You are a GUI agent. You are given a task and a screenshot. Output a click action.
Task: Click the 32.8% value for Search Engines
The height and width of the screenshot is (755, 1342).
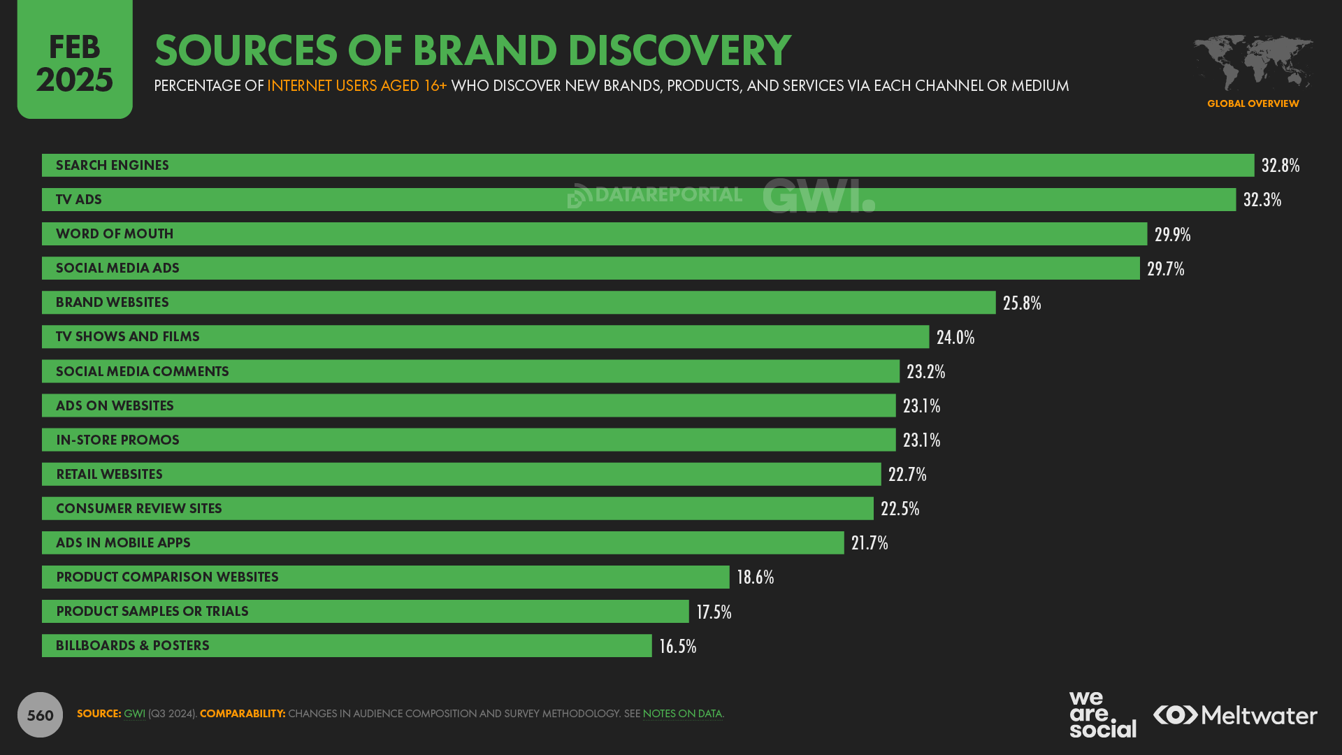click(1280, 166)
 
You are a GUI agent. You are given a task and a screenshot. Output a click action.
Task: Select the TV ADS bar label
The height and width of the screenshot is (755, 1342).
click(79, 200)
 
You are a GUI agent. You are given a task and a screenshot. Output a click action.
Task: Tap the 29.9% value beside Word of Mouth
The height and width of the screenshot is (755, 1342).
click(1172, 234)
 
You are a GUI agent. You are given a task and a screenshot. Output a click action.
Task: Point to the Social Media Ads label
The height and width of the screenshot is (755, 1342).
click(117, 268)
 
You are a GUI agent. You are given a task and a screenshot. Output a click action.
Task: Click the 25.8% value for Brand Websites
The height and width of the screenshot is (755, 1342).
click(1021, 303)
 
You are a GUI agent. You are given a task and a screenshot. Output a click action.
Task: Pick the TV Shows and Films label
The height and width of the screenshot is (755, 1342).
click(127, 337)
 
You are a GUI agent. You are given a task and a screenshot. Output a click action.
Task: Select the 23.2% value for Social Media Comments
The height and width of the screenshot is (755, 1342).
click(925, 371)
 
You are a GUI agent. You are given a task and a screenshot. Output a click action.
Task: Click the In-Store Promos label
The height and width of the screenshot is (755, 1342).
click(117, 440)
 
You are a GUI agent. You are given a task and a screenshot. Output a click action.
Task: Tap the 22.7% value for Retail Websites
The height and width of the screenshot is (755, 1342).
click(907, 474)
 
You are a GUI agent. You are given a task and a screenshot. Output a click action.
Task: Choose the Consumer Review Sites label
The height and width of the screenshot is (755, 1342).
click(138, 508)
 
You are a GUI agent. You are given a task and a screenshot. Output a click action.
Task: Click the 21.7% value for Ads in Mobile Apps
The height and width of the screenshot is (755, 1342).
click(869, 542)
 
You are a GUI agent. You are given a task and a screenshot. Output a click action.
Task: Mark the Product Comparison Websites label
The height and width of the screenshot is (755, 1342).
click(167, 577)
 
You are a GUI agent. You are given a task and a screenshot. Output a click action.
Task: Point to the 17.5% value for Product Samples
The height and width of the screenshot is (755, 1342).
click(713, 612)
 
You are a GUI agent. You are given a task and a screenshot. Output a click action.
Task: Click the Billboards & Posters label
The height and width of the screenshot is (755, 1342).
click(132, 645)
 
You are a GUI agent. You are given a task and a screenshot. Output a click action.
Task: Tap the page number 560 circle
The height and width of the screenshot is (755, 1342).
click(40, 714)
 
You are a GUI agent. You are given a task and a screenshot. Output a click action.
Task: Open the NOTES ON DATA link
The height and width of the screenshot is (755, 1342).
click(681, 714)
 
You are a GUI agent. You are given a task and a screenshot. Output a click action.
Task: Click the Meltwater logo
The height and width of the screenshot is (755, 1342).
click(1235, 715)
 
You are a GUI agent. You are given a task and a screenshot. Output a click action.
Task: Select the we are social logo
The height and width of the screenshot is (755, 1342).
click(1102, 714)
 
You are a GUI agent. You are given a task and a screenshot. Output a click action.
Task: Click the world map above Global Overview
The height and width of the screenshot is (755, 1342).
click(1253, 63)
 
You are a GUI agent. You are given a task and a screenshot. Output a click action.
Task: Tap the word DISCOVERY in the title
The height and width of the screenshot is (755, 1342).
click(678, 50)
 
